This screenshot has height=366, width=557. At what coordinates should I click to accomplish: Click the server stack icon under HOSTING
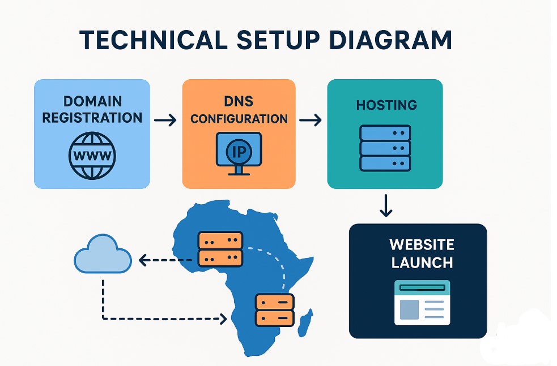[385, 148]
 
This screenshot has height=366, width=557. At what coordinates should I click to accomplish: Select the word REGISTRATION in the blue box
[92, 118]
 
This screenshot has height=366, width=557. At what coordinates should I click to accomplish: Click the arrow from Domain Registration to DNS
[165, 120]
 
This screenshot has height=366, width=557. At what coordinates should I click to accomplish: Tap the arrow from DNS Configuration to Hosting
[310, 120]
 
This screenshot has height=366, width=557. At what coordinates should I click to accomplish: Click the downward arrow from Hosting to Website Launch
[386, 206]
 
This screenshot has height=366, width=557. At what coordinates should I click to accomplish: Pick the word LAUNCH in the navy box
[422, 263]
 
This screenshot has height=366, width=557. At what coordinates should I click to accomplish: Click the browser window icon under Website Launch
[422, 303]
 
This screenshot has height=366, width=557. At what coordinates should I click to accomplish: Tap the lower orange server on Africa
[275, 309]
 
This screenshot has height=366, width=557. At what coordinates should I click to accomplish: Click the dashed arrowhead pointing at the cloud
[142, 260]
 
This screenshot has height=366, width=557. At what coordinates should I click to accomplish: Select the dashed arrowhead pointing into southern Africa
[223, 319]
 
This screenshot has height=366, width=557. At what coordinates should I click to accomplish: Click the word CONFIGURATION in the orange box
[239, 119]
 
